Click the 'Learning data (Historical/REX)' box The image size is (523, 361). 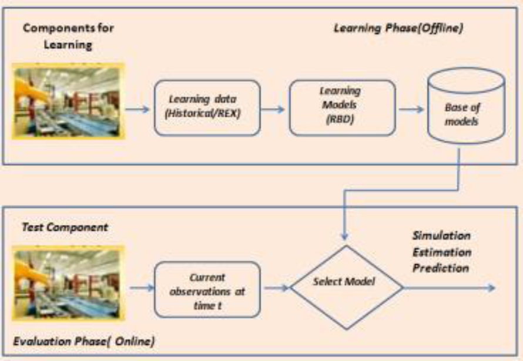click(x=207, y=107)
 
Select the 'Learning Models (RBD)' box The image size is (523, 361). click(x=342, y=107)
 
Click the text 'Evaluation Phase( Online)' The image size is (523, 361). click(x=79, y=340)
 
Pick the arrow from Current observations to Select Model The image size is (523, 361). click(x=276, y=287)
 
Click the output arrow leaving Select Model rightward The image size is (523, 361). click(x=450, y=288)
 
